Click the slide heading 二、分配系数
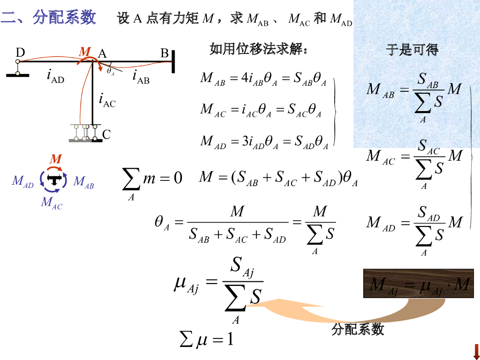[49, 18]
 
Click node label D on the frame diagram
[20, 52]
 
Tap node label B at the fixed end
[165, 53]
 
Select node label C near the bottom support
[106, 135]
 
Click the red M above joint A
[85, 51]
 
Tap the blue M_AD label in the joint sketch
[22, 181]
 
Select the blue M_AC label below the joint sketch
[52, 202]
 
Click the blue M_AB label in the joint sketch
[84, 181]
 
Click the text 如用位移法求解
[259, 49]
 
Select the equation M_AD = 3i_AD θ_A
[263, 141]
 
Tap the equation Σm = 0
[152, 180]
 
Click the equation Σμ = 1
[207, 339]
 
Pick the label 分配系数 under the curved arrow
[358, 330]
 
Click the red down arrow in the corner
[476, 351]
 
